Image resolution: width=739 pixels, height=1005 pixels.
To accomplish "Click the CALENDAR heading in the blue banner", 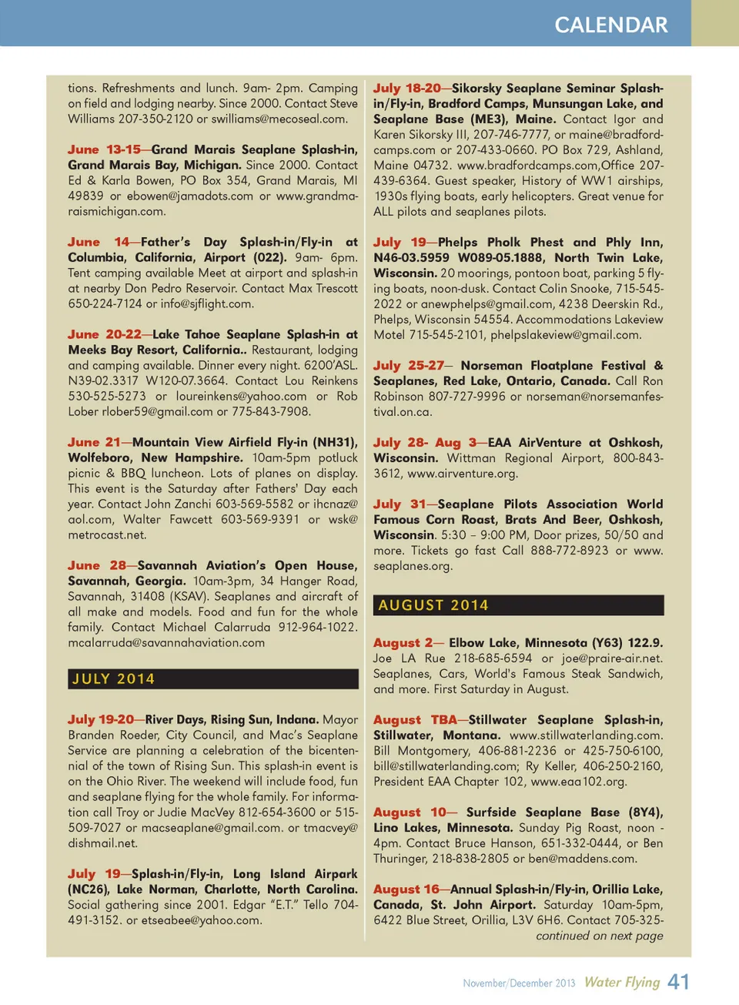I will pos(611,25).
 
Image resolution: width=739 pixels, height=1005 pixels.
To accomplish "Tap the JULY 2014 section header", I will pos(113,678).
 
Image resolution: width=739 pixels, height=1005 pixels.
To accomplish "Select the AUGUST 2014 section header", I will pos(433,605).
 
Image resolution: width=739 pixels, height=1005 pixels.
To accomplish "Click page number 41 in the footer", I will pos(678,982).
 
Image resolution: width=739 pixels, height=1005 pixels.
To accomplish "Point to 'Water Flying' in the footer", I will pos(622,982).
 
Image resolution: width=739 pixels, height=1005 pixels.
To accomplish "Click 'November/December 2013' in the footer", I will pos(519,983).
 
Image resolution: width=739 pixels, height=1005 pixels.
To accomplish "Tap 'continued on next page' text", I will pos(600,936).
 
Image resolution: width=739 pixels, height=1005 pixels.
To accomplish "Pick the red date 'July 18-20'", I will pos(407,88).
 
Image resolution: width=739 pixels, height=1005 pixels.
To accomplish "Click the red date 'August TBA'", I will pos(415,719).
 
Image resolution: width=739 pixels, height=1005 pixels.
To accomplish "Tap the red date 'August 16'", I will pos(406,889).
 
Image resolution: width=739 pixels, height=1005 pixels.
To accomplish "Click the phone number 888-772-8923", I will pos(572,550).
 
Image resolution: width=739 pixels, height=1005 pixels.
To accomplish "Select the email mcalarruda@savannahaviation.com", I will pos(166,642).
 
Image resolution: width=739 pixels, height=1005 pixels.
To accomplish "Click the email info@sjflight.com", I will pos(207,303).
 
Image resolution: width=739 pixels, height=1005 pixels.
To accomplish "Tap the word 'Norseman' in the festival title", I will pos(492,365).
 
